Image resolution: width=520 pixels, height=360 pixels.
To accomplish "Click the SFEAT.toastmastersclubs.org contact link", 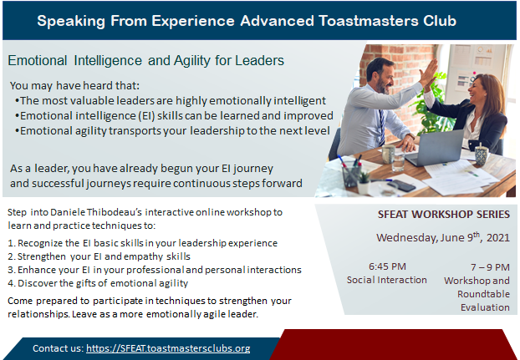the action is coord(168,348).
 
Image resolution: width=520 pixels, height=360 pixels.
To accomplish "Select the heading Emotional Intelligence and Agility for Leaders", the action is coord(146,61).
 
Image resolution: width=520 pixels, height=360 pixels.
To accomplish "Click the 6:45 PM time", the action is coord(387,266).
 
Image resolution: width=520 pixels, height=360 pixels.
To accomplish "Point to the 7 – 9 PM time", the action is coord(490,267).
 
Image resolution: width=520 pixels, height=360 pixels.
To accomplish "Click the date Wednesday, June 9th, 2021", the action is coord(443,237).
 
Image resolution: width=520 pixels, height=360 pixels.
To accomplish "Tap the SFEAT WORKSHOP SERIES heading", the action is coord(444,215).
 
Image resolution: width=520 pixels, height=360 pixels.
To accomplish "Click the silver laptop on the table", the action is coord(435,149).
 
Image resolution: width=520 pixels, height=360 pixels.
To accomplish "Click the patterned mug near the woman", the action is coord(481,155).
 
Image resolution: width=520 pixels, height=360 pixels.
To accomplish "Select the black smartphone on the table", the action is coord(401,185).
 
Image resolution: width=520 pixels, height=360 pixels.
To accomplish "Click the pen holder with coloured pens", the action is coord(351,175).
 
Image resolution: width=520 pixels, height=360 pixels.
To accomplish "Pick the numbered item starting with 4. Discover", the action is coord(98,283).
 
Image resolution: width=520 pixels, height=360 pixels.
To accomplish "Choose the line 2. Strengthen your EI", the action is coord(99,256).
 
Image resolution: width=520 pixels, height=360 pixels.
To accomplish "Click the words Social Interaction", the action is coord(387,280).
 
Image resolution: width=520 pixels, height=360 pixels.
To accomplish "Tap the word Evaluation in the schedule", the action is coord(485,307).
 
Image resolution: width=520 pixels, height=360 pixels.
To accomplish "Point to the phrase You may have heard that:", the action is coord(75,86).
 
